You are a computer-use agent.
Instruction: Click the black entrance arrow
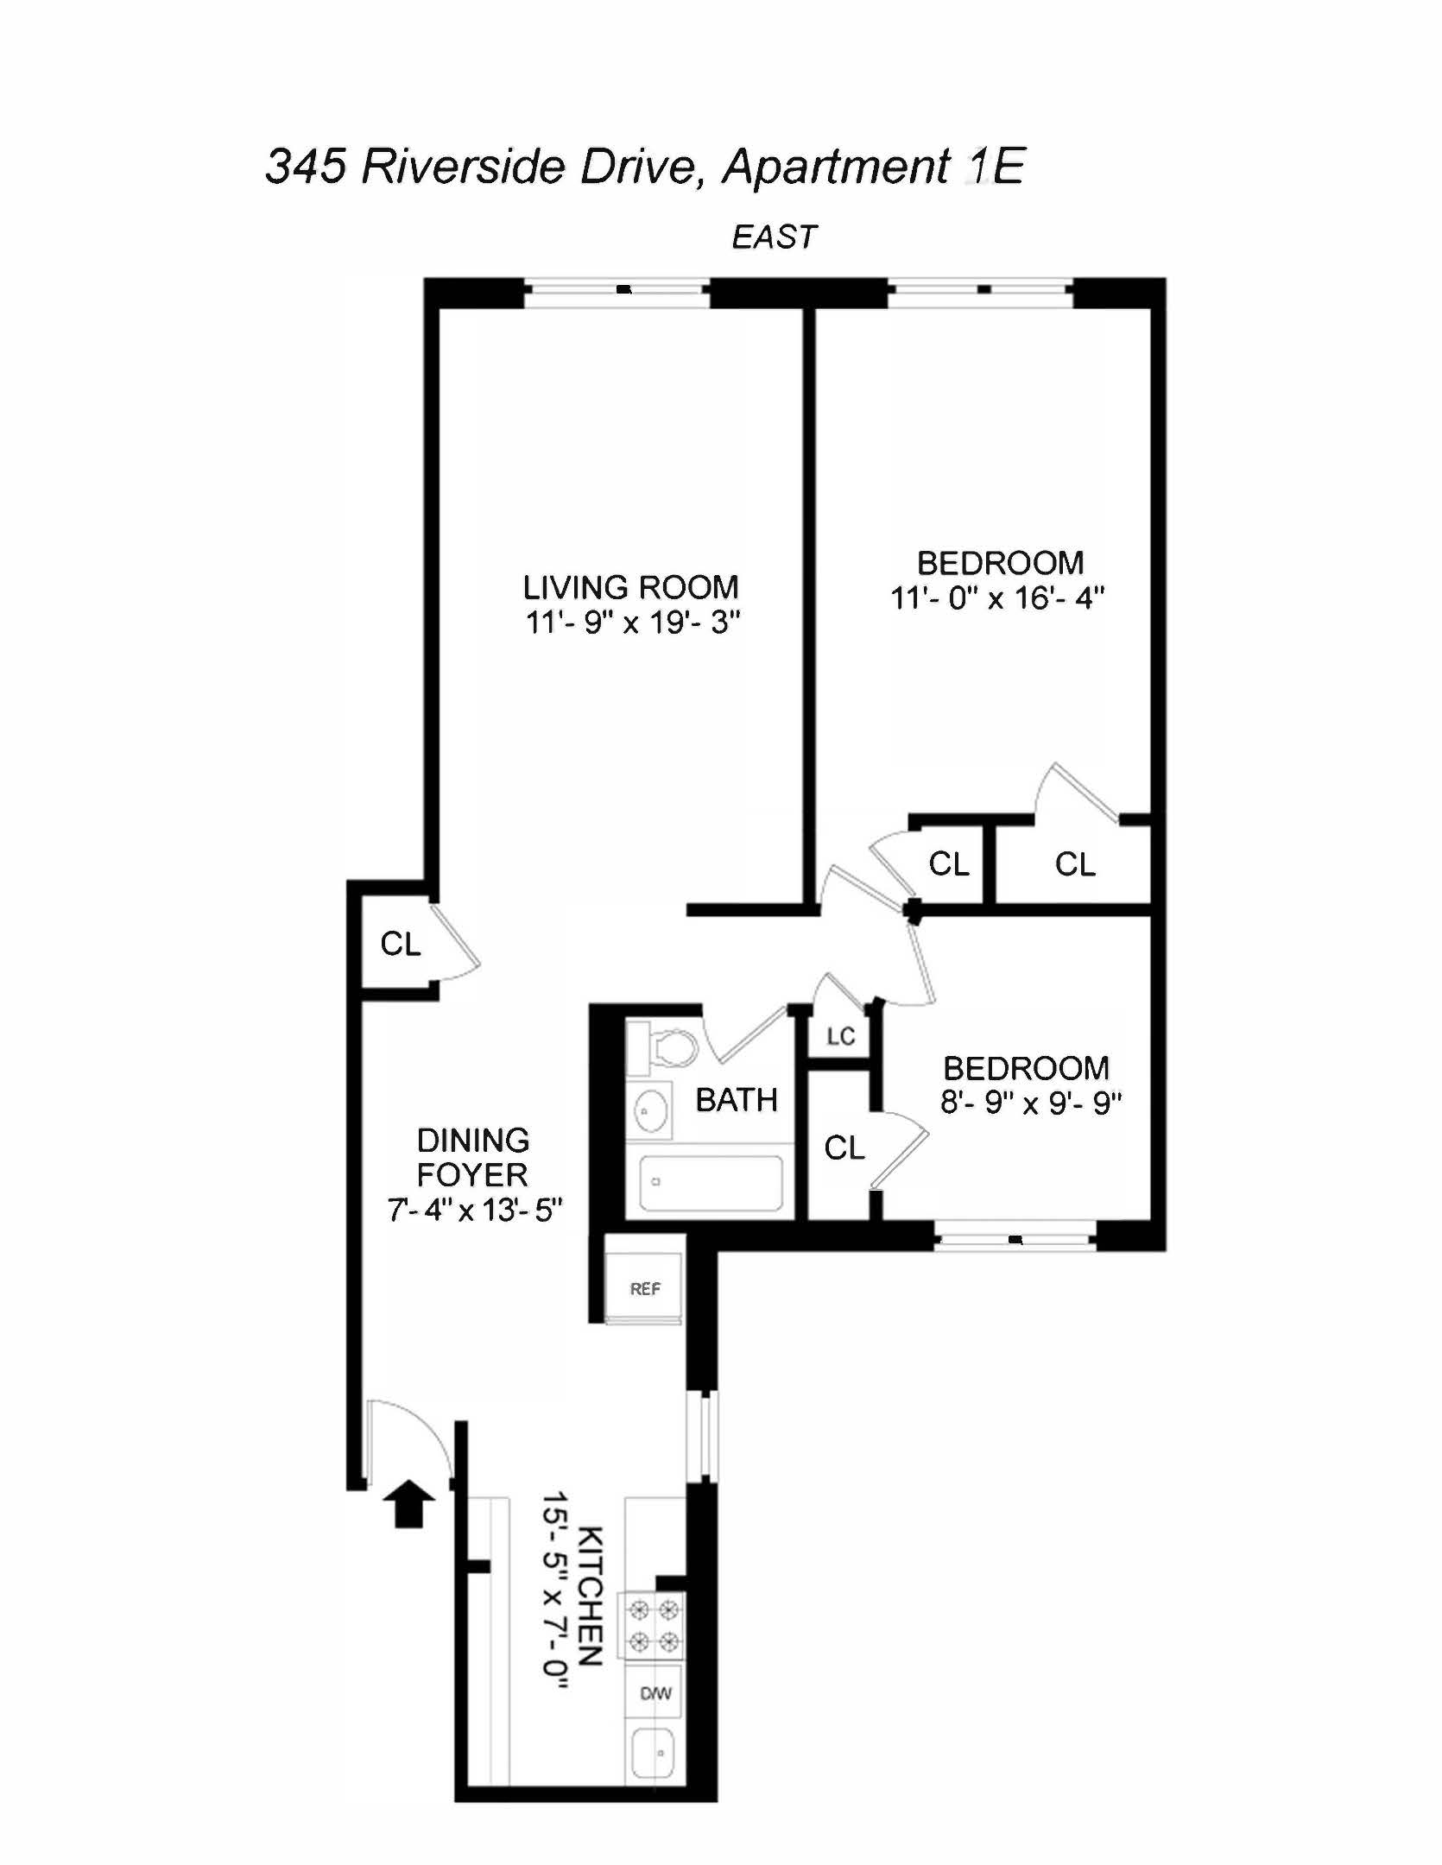click(x=408, y=1505)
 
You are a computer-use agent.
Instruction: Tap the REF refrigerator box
click(x=644, y=1288)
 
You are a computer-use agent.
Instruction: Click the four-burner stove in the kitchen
click(x=655, y=1625)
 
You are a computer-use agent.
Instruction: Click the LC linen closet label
click(x=840, y=1036)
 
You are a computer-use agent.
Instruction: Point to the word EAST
click(x=774, y=237)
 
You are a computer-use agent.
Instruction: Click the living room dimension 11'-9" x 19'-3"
click(x=633, y=623)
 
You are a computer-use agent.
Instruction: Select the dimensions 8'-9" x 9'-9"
click(x=1030, y=1103)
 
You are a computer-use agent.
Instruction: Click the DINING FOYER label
click(x=472, y=1157)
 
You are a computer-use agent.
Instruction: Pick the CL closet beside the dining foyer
click(x=400, y=944)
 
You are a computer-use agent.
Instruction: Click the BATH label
click(x=737, y=1100)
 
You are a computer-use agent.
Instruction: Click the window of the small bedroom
click(x=1015, y=1242)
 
